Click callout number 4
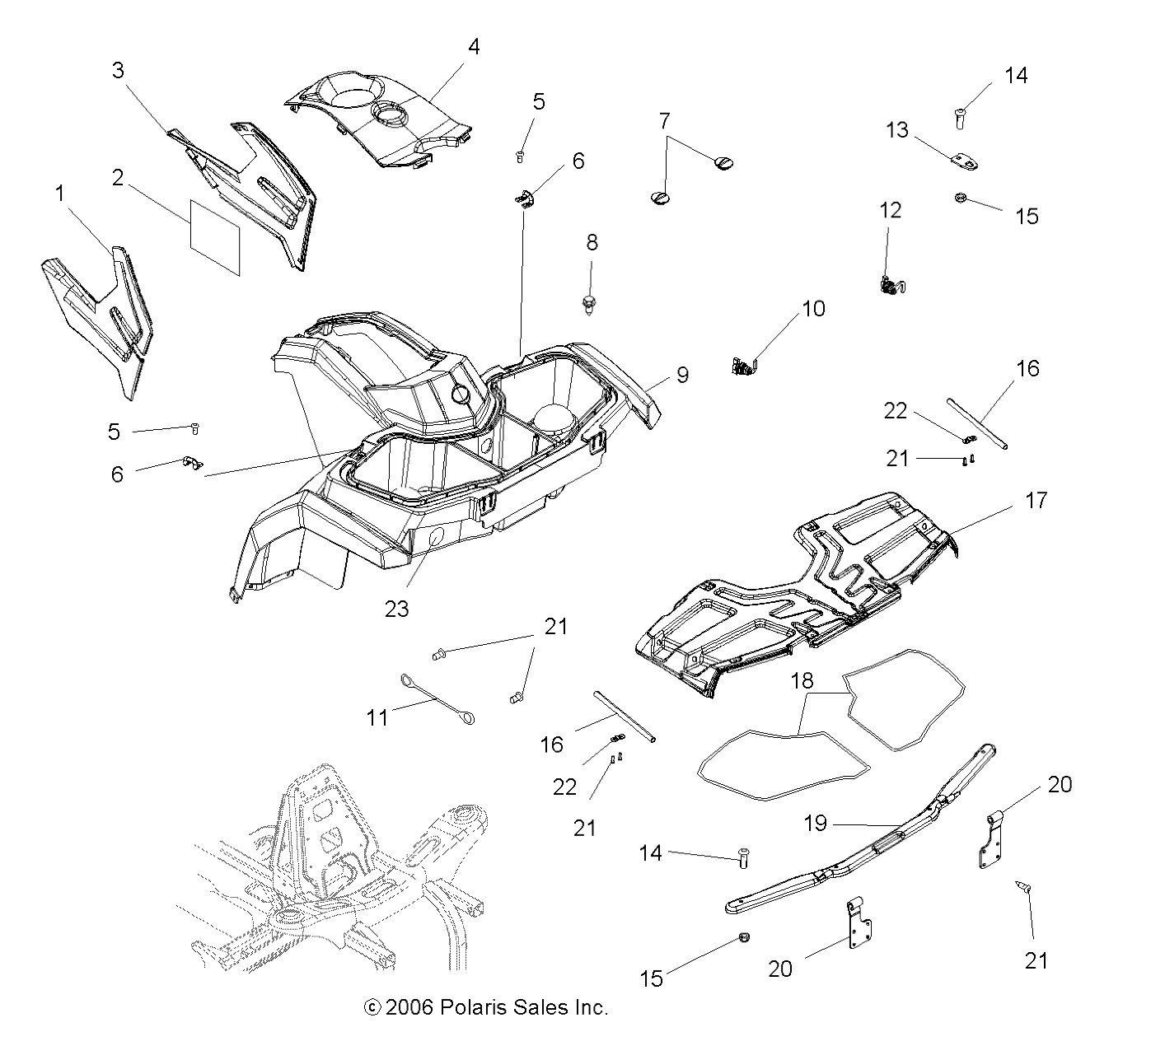(x=473, y=47)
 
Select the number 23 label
(x=397, y=609)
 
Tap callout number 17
(x=1036, y=500)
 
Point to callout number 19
(x=815, y=823)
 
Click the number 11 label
(x=377, y=717)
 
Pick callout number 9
(x=683, y=375)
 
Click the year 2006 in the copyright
(x=410, y=1006)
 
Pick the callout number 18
(x=802, y=681)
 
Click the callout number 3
(x=118, y=70)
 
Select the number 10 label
(x=813, y=309)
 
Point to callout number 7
(x=664, y=121)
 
